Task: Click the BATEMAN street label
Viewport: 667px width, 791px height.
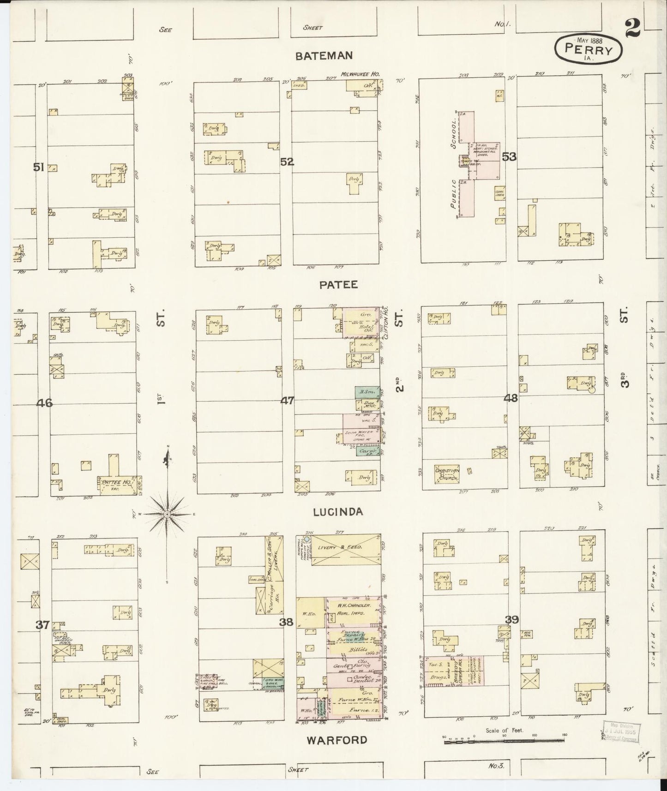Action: tap(324, 56)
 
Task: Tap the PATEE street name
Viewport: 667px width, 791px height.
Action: tap(338, 285)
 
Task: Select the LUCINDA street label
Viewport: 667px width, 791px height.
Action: tap(338, 512)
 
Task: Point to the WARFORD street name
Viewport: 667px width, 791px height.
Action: tap(337, 740)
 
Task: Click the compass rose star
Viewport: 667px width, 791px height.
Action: tap(167, 514)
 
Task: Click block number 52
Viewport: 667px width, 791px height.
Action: tap(287, 162)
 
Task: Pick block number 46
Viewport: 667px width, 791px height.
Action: tap(45, 403)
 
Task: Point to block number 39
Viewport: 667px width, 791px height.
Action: tap(511, 620)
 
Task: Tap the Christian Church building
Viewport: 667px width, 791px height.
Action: tap(446, 473)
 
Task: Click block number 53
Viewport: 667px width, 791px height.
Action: tap(509, 157)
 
